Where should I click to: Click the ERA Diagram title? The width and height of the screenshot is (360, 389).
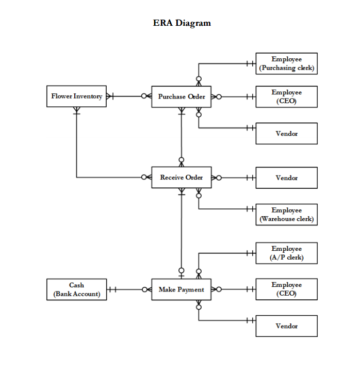pos(182,23)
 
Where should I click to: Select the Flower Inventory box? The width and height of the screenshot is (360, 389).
pos(76,96)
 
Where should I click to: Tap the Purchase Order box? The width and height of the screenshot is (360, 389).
pos(182,96)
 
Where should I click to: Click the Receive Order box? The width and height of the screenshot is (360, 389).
pos(182,177)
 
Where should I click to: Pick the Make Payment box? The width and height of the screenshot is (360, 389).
pos(182,289)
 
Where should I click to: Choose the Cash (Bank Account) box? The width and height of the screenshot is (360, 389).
pos(76,289)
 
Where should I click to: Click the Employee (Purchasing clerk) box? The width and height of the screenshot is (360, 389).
pos(286,63)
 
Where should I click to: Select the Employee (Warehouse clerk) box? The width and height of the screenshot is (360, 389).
pos(286,215)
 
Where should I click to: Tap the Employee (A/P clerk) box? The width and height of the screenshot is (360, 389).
pos(286,253)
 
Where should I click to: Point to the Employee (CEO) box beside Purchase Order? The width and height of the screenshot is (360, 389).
pos(286,96)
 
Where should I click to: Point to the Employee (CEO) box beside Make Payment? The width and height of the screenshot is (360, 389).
pos(286,289)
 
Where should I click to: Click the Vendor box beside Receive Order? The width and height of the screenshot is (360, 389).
pos(286,177)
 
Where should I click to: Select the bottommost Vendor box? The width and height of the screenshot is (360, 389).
pos(286,326)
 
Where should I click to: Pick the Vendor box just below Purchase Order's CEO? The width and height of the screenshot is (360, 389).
pos(286,134)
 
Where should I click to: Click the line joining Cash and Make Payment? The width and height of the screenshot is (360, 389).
pos(129,289)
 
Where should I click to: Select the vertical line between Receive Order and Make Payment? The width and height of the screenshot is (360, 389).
pos(182,232)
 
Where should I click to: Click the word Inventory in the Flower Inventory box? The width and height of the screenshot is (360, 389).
pos(88,96)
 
